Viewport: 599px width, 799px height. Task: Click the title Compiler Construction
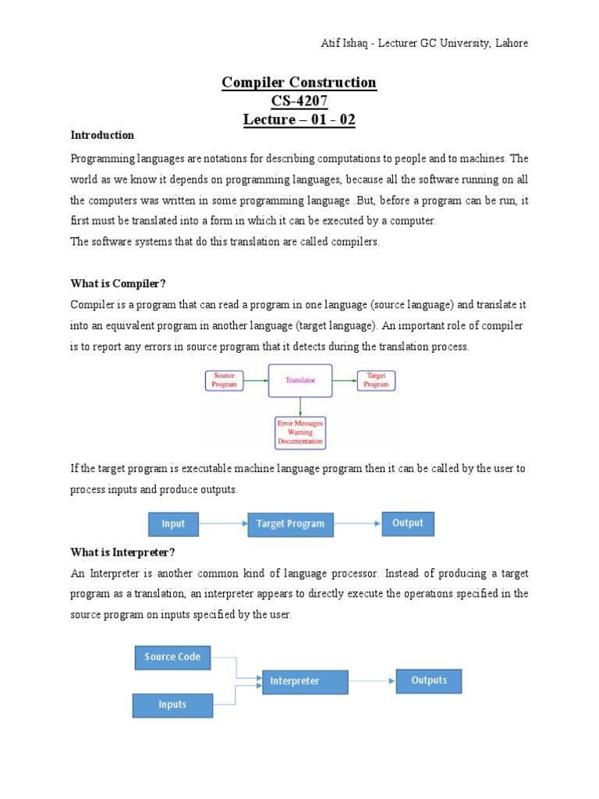click(299, 83)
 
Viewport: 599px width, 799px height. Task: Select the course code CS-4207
click(299, 101)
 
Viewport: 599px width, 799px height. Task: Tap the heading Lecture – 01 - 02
click(299, 119)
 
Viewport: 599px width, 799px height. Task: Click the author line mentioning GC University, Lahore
click(414, 43)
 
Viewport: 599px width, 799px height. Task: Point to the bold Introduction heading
click(102, 136)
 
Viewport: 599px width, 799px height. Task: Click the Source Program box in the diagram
click(224, 381)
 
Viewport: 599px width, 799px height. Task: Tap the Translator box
click(300, 381)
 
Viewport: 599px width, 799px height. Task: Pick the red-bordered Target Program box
click(376, 381)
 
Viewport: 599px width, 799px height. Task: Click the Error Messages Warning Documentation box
click(300, 432)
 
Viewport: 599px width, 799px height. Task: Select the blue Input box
click(173, 524)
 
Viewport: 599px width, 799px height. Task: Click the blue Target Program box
click(290, 524)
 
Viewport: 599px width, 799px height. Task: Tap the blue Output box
click(407, 524)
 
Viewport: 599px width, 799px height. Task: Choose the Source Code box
click(172, 657)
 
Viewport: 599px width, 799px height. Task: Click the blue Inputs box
click(172, 705)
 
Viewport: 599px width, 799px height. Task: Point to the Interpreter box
click(305, 681)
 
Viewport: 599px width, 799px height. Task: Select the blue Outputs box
click(429, 680)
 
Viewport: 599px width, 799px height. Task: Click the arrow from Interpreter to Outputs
click(372, 681)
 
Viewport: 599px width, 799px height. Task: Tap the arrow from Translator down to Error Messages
click(300, 406)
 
